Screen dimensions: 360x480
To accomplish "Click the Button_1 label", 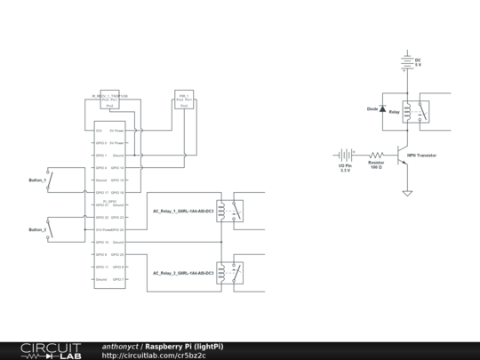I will [38, 180].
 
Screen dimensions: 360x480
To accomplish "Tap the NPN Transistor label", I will [423, 155].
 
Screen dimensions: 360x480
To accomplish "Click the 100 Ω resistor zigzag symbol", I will [375, 155].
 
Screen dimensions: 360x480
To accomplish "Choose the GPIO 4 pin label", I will [100, 167].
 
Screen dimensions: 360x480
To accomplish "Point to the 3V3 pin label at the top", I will [99, 130].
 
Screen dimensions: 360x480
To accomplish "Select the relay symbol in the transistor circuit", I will [417, 112].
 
